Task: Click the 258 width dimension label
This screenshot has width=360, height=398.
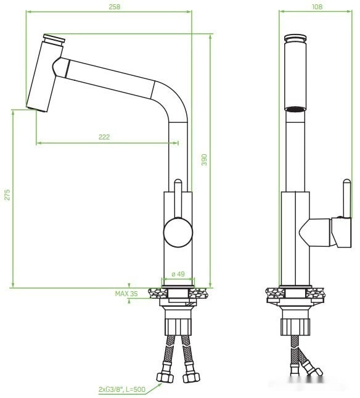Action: click(113, 6)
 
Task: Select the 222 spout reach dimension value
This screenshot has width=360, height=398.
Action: click(104, 137)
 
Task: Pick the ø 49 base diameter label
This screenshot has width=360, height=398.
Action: click(178, 274)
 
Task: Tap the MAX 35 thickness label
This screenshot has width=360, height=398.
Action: click(126, 294)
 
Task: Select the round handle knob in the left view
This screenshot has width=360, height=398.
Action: click(178, 233)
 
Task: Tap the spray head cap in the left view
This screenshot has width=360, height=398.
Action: click(54, 39)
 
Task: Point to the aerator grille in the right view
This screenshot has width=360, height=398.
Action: click(295, 109)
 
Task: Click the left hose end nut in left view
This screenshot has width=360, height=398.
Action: click(165, 378)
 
